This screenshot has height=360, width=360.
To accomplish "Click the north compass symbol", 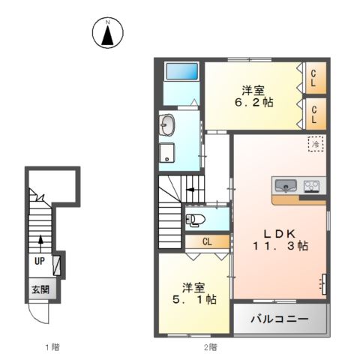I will [108, 32].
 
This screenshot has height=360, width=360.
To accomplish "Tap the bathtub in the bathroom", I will [181, 72].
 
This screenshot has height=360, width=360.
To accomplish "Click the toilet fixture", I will [194, 220].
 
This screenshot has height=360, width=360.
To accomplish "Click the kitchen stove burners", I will [311, 185].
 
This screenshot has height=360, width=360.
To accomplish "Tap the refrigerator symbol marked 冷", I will [316, 142].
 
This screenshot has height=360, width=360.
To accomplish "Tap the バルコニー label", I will [279, 319].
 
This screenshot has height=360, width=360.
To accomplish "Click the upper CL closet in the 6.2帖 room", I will [315, 77].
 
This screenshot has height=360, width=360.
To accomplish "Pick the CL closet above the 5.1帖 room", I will [206, 241].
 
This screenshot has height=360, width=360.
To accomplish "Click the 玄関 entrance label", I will [40, 289].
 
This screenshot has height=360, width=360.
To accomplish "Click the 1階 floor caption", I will [51, 346].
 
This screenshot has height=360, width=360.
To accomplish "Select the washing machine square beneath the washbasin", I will [166, 152].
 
